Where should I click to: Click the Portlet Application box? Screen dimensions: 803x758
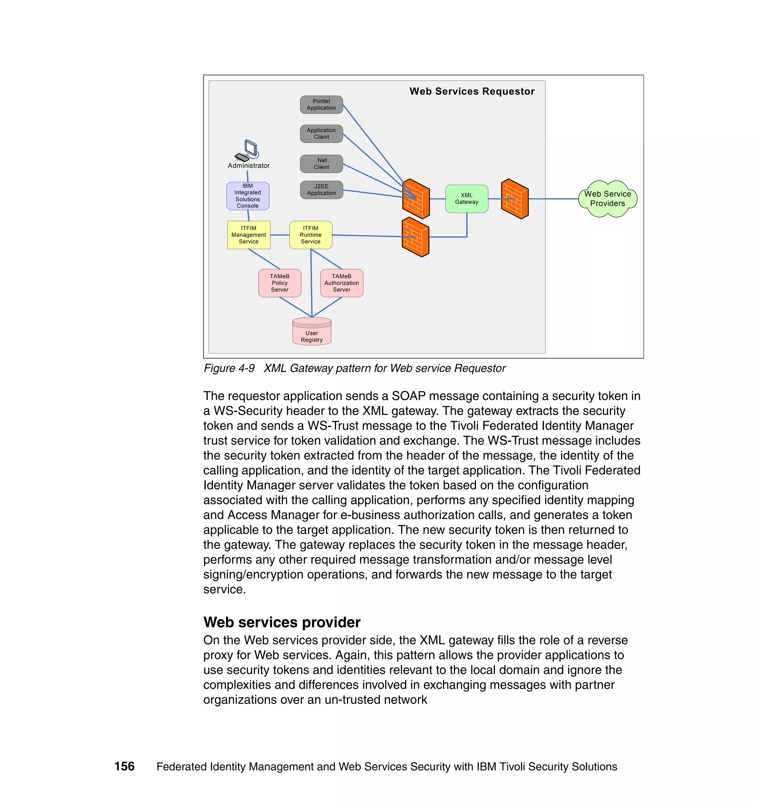[x=321, y=105]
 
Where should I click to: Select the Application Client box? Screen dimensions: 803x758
[x=321, y=134]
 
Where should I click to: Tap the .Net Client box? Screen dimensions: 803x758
[x=321, y=164]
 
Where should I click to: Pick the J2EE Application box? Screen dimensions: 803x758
[x=321, y=190]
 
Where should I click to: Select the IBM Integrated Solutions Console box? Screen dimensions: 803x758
[x=248, y=196]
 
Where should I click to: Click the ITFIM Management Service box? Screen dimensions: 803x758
[x=248, y=235]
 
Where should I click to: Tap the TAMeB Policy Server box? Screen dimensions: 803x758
[x=279, y=283]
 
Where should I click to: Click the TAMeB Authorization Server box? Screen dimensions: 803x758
[x=341, y=283]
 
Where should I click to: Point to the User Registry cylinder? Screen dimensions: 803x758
[x=312, y=331]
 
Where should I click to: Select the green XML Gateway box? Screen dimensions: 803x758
[x=467, y=199]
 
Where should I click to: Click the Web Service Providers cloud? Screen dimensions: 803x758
[x=607, y=199]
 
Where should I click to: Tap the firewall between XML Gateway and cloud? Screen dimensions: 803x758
[x=515, y=199]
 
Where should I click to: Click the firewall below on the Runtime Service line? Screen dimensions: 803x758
[x=415, y=237]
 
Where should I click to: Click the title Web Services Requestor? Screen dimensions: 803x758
[x=472, y=91]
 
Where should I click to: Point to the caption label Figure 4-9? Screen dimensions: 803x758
[x=229, y=368]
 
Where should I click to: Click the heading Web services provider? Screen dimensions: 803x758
[x=282, y=622]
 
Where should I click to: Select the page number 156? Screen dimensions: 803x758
[x=124, y=766]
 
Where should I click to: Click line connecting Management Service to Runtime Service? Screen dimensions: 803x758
[x=279, y=235]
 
